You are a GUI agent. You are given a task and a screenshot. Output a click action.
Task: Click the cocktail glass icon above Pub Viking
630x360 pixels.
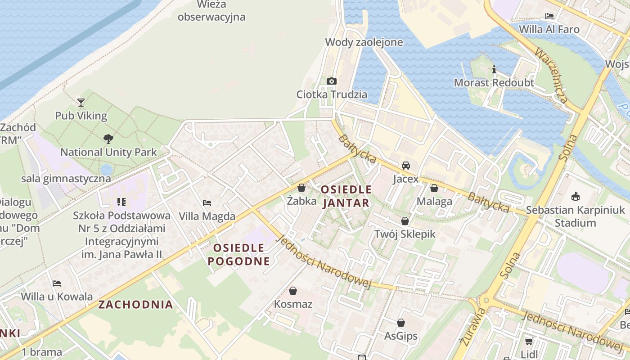coord(81,103)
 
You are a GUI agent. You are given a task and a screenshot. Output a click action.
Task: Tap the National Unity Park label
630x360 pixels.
coord(108,152)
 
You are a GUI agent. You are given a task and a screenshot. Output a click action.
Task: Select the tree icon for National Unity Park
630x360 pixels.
coord(108,139)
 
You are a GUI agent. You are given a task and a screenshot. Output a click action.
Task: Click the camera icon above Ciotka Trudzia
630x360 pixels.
coord(332,81)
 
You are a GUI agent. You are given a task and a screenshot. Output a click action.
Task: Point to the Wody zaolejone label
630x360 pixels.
coord(364,42)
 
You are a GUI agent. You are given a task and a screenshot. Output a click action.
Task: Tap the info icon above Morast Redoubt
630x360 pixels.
coord(494,69)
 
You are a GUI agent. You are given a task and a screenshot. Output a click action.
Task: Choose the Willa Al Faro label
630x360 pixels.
coord(549,30)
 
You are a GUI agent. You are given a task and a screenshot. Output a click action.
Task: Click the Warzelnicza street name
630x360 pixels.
coord(551,76)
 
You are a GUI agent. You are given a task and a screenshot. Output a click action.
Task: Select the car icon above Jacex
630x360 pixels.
coord(406,165)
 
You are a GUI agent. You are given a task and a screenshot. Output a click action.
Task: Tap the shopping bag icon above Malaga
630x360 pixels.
coord(434,188)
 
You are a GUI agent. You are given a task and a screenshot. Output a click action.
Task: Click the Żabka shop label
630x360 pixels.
coord(301,201)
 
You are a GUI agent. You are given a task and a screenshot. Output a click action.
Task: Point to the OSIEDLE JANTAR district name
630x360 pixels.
coord(346,196)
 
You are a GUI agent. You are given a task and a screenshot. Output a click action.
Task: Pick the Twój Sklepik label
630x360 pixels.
coord(405,234)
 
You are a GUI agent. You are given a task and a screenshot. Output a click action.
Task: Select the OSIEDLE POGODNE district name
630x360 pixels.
coord(238,254)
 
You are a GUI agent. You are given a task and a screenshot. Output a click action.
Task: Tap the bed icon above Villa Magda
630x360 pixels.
coord(207,202)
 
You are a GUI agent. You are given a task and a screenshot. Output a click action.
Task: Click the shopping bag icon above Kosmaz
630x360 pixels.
coord(293,291)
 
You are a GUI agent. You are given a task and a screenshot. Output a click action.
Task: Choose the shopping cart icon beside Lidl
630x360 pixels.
coord(529,342)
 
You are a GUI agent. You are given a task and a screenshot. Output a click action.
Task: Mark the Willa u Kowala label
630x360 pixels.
coord(57,297)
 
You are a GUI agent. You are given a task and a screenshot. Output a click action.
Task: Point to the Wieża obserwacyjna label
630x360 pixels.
coord(211,11)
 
